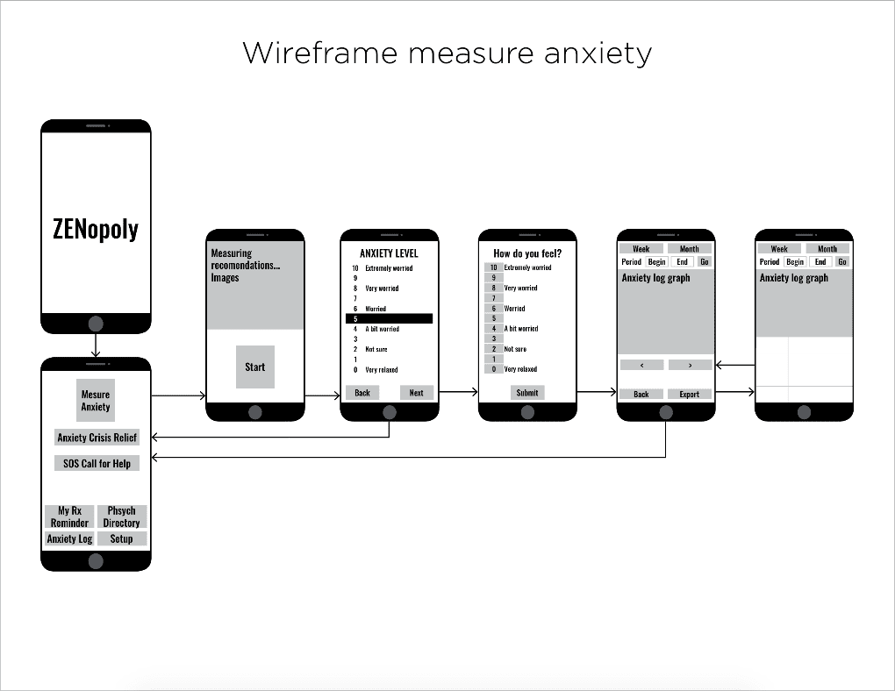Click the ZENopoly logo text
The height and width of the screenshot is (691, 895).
click(x=96, y=229)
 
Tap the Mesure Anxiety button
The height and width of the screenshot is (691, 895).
click(x=96, y=401)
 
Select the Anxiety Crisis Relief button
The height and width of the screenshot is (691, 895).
click(x=97, y=438)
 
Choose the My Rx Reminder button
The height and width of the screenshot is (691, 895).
click(x=69, y=516)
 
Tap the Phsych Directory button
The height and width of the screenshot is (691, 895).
click(x=122, y=516)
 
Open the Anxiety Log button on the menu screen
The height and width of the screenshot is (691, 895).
click(x=69, y=539)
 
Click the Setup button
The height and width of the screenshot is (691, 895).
click(x=122, y=539)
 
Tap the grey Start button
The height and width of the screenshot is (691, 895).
click(x=255, y=367)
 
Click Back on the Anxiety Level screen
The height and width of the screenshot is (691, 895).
click(x=362, y=393)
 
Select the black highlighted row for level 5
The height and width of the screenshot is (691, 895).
click(x=389, y=319)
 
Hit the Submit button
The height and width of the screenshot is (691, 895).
click(x=527, y=393)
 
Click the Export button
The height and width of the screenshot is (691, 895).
click(x=690, y=394)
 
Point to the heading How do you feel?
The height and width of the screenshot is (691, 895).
click(x=527, y=253)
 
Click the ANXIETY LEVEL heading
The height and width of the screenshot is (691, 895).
click(x=389, y=253)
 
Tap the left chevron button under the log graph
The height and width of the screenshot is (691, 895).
click(x=641, y=365)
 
